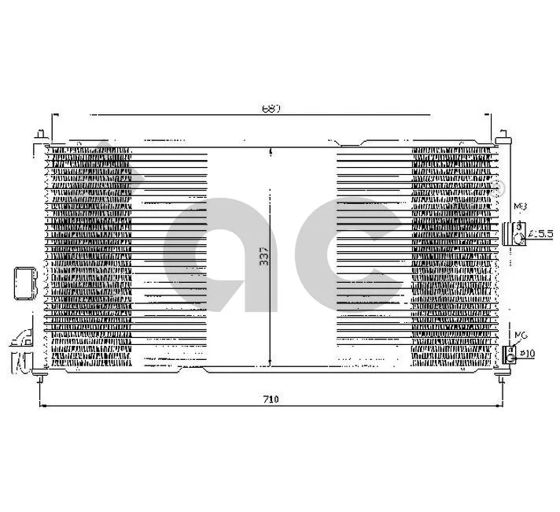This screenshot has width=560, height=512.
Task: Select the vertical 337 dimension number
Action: point(264,258)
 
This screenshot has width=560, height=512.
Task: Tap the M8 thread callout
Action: point(519,207)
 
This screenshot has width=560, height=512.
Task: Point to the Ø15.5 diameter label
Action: point(542,233)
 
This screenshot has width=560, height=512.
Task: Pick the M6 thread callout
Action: point(519,336)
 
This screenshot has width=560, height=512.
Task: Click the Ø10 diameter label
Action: point(528,354)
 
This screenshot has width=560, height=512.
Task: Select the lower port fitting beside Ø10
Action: point(513,354)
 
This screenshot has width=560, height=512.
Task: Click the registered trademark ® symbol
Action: point(496,186)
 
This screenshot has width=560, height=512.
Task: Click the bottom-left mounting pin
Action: point(40,378)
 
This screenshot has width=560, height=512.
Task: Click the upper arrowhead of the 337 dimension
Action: point(271,150)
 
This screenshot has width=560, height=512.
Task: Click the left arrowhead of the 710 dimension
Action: point(43,406)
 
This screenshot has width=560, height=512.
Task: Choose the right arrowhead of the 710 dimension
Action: point(498,406)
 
